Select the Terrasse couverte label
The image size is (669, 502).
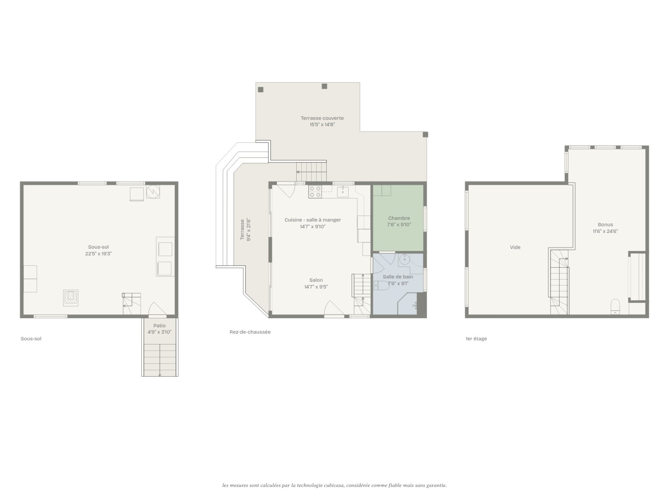point(322,118)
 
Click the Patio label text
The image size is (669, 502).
point(160,326)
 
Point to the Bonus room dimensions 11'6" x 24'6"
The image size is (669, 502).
point(605,231)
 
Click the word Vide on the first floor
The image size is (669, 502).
point(515,248)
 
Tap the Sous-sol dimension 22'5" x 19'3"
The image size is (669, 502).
point(99,254)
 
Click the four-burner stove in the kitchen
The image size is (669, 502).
point(315,192)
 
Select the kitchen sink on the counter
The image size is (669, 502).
point(343,191)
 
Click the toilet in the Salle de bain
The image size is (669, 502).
point(382,286)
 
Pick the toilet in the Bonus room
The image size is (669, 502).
point(615,306)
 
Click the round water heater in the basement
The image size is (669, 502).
point(153,191)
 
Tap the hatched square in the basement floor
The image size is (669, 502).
point(71,298)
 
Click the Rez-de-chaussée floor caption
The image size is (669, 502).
point(250,332)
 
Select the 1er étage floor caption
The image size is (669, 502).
point(476,339)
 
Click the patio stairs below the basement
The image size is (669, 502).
point(160,360)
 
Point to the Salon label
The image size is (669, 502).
point(316,280)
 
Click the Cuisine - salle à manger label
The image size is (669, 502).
point(313,220)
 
